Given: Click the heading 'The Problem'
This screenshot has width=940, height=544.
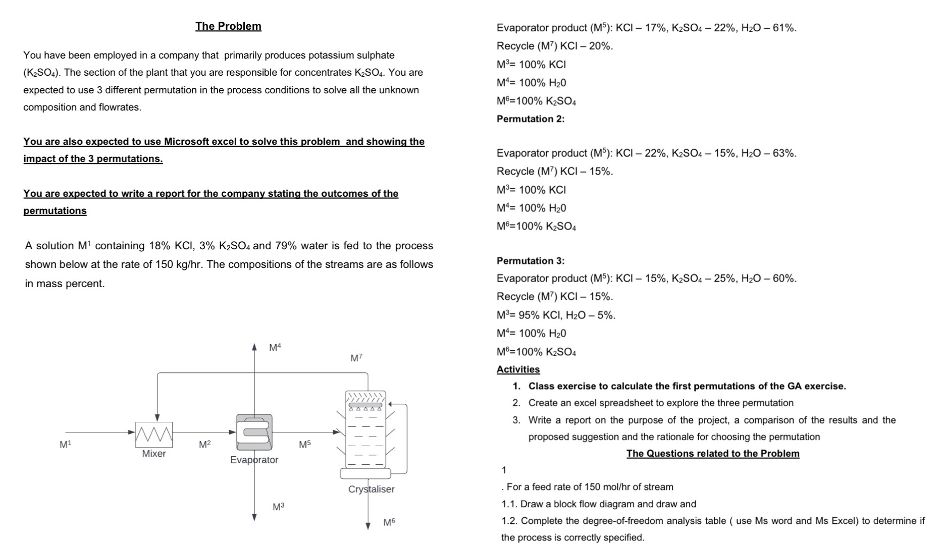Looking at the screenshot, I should tap(228, 26).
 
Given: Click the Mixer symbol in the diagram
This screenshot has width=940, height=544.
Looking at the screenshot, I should tap(154, 434).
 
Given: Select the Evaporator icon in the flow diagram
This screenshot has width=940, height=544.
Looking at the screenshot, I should tap(254, 432).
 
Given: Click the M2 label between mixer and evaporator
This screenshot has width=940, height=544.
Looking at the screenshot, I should tap(204, 445).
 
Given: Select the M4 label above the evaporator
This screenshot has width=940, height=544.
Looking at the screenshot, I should tap(275, 347).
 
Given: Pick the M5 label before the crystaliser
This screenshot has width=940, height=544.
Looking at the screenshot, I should tap(305, 445).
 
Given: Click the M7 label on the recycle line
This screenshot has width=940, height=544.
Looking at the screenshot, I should tap(356, 358).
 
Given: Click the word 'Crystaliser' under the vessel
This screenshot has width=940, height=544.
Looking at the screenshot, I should tap(371, 489).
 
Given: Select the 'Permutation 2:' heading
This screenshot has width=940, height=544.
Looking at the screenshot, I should tap(531, 119).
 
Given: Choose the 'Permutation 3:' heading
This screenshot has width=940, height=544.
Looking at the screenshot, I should tap(531, 261).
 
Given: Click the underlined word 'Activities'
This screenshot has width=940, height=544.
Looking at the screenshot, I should tap(518, 369).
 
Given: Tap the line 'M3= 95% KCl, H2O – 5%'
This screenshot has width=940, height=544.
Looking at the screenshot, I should tap(556, 315).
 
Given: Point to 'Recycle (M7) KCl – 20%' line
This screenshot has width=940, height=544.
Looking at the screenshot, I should tap(554, 46).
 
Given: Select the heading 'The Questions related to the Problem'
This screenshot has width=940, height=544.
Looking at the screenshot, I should tap(713, 453).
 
